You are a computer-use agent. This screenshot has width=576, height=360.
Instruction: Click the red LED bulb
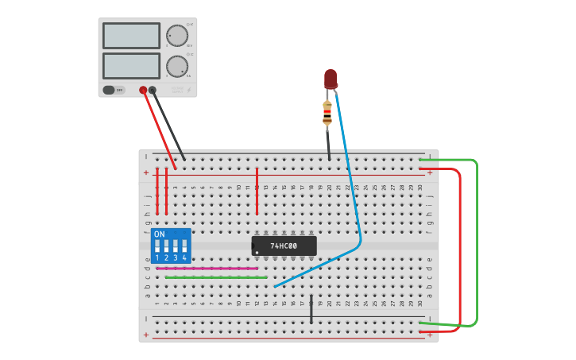click(331, 78)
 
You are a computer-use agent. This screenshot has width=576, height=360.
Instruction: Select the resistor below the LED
click(327, 113)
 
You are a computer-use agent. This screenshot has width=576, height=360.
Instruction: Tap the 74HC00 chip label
click(284, 246)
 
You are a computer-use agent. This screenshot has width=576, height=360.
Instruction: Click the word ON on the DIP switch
click(160, 234)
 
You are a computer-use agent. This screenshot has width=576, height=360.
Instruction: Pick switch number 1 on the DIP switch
click(157, 247)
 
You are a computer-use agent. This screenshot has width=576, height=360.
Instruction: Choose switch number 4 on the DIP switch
click(184, 247)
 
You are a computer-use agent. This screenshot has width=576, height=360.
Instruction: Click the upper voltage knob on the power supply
click(176, 35)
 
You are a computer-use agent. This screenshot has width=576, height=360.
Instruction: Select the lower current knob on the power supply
click(176, 66)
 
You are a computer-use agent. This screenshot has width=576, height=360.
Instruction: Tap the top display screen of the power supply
click(131, 35)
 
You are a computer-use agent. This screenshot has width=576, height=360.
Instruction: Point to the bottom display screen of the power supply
click(131, 65)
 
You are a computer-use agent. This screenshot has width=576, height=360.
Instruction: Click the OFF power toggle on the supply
click(114, 90)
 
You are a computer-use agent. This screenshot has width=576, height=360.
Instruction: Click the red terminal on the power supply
click(143, 90)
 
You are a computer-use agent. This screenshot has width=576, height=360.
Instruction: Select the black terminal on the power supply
click(153, 90)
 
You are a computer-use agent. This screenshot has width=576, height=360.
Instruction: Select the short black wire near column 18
click(311, 311)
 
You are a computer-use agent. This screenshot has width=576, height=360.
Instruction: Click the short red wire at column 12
click(257, 200)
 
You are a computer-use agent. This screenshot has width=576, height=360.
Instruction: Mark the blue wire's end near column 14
click(276, 286)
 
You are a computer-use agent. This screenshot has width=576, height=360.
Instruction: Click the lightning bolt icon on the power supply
click(188, 90)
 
